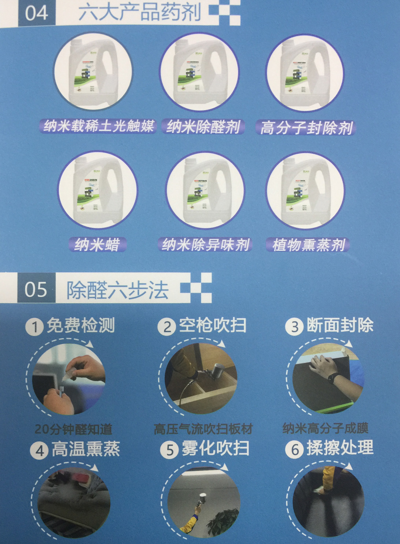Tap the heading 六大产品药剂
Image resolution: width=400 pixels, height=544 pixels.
pyautogui.click(x=140, y=12)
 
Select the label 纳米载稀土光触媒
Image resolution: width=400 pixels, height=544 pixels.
pyautogui.click(x=98, y=126)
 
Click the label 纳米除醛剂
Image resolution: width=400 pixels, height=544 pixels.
pyautogui.click(x=203, y=127)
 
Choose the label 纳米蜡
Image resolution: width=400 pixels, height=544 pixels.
pyautogui.click(x=97, y=244)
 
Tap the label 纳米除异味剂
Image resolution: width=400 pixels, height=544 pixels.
pyautogui.click(x=205, y=244)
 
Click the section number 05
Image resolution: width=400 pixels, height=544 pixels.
pyautogui.click(x=36, y=289)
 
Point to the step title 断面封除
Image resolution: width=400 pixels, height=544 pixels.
pyautogui.click(x=340, y=325)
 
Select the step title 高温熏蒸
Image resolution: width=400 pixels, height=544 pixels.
pyautogui.click(x=86, y=449)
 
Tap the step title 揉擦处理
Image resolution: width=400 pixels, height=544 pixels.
pyautogui.click(x=340, y=448)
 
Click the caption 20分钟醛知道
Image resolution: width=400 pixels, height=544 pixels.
pyautogui.click(x=73, y=429)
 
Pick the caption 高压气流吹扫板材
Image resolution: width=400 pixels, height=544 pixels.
pyautogui.click(x=203, y=428)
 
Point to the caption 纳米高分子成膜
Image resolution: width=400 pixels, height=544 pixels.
pyautogui.click(x=325, y=428)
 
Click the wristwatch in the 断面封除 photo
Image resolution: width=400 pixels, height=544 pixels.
pyautogui.click(x=332, y=378)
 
